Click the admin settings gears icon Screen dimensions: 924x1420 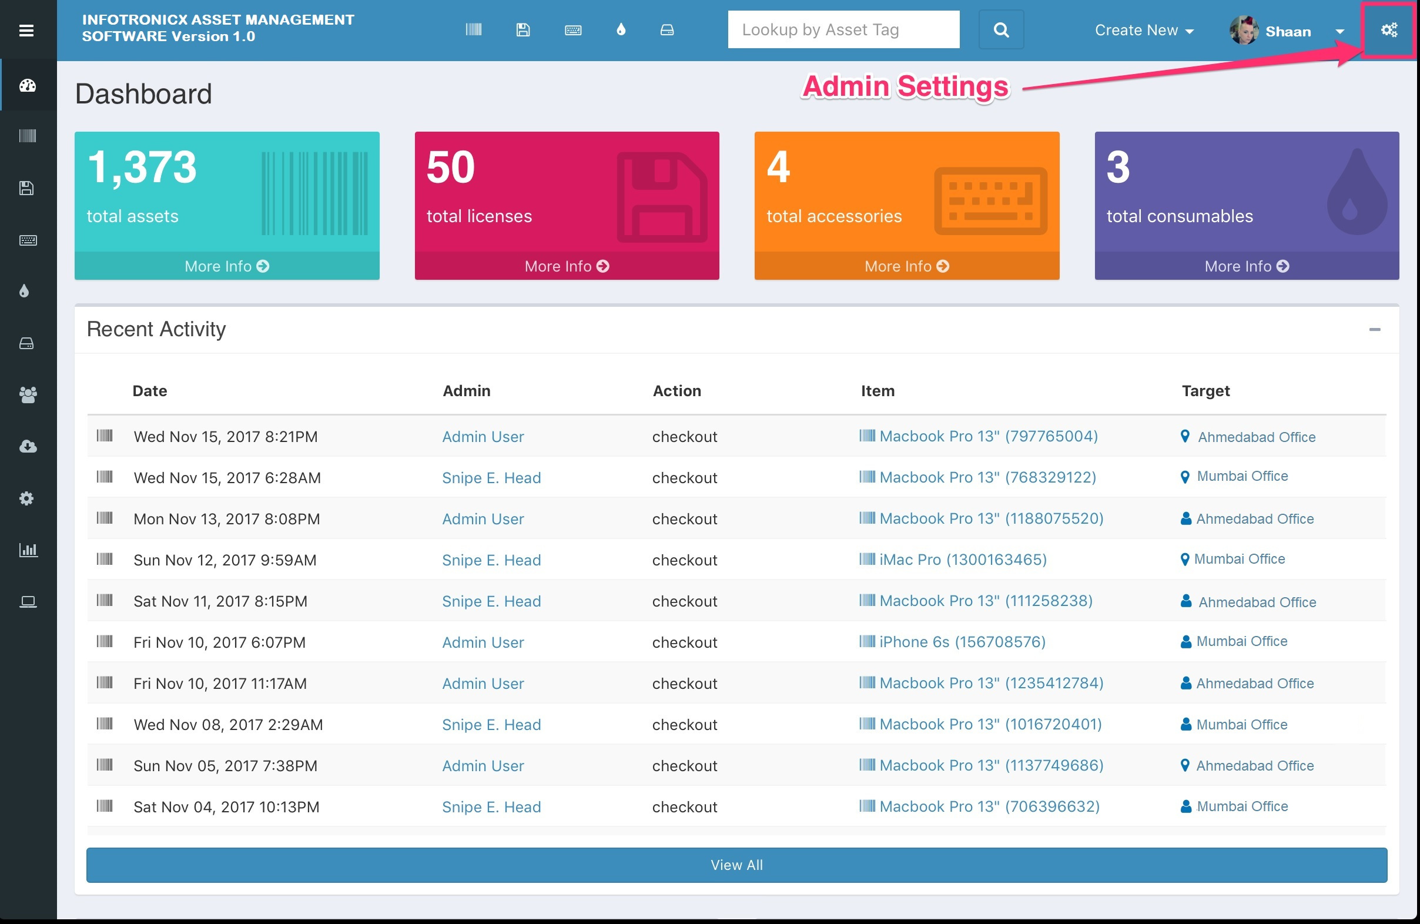pos(1389,30)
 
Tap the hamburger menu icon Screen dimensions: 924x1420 pos(26,31)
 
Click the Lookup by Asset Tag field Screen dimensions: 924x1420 pos(843,30)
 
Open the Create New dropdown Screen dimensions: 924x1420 pos(1143,31)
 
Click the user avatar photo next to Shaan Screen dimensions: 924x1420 pos(1244,31)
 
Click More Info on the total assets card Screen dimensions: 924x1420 pos(227,266)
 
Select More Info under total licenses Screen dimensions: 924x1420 pos(566,266)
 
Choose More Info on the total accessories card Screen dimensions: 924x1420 pos(906,266)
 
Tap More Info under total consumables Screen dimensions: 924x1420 pos(1247,266)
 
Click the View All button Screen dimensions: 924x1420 pos(736,865)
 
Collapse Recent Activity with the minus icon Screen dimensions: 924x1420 pos(1375,329)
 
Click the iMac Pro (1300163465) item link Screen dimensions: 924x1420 pos(962,560)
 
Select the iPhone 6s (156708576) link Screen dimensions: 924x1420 pos(962,642)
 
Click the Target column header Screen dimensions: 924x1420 pos(1205,391)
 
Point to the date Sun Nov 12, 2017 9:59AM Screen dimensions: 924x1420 pos(225,560)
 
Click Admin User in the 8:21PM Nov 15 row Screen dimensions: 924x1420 pos(483,437)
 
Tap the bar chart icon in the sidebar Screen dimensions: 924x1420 pos(28,550)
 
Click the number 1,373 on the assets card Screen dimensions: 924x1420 pos(142,168)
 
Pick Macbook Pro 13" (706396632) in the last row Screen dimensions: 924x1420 pos(989,806)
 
